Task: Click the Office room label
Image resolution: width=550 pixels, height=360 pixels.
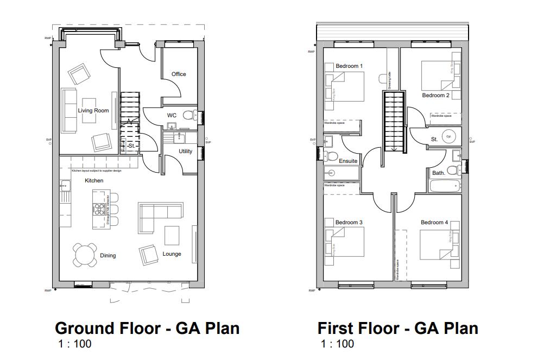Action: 179,74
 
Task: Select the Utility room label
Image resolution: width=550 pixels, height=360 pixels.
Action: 186,151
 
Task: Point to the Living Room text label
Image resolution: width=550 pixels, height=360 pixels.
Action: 93,111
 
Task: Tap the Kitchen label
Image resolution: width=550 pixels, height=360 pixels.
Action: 94,181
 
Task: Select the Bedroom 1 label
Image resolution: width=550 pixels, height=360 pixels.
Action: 349,66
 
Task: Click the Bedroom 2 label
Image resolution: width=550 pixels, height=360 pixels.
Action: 435,96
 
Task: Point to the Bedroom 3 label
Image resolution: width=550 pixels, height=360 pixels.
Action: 349,223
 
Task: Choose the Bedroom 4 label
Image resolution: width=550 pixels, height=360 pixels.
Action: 434,223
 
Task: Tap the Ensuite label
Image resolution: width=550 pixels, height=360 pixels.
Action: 348,161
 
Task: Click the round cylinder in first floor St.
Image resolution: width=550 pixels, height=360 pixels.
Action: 448,137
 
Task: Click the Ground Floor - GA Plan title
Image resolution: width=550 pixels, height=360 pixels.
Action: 147,329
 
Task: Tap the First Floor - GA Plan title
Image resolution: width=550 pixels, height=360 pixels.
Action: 398,329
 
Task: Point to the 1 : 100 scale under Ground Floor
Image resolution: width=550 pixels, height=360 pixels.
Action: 75,344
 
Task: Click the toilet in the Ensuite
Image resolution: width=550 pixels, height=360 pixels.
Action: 331,157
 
